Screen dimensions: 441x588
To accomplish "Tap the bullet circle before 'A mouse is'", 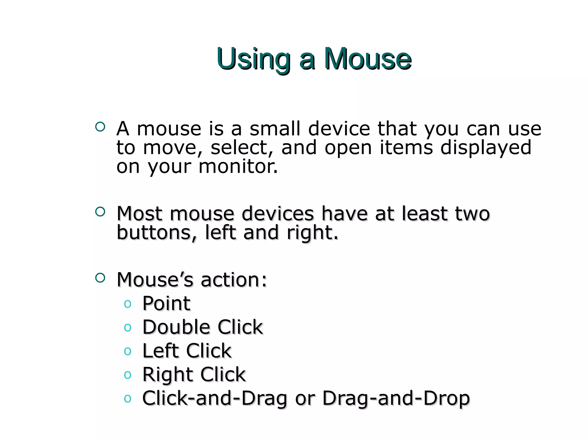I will [x=100, y=127].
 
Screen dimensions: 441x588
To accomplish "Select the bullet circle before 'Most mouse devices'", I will [x=100, y=212].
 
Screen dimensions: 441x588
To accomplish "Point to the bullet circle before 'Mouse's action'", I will [x=100, y=278].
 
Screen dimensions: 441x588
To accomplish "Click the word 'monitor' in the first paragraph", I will [x=238, y=167].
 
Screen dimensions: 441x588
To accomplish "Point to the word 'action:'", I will [x=234, y=280].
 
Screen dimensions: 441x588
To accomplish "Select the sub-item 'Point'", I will [x=166, y=303].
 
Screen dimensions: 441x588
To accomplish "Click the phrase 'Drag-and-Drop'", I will [x=396, y=398].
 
